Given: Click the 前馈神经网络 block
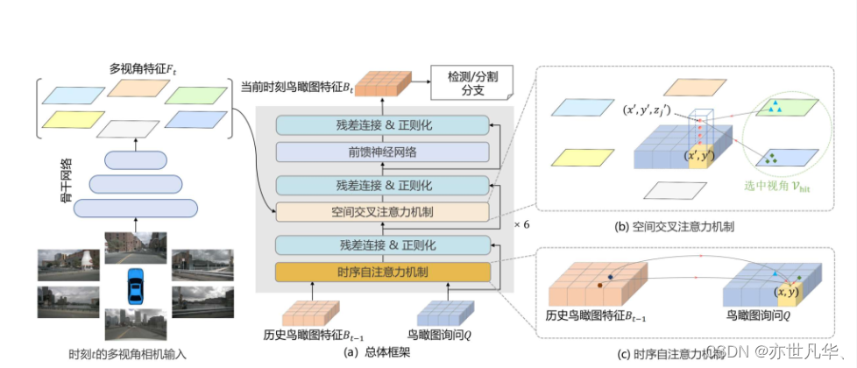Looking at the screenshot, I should pyautogui.click(x=382, y=152).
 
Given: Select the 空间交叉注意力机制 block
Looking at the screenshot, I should pyautogui.click(x=382, y=211).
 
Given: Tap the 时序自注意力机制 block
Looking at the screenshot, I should pyautogui.click(x=382, y=272).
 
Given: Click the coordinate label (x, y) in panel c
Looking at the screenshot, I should pyautogui.click(x=785, y=291).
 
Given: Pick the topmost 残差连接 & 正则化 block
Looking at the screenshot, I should pyautogui.click(x=382, y=126).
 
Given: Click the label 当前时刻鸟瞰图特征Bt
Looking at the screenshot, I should pyautogui.click(x=296, y=88).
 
